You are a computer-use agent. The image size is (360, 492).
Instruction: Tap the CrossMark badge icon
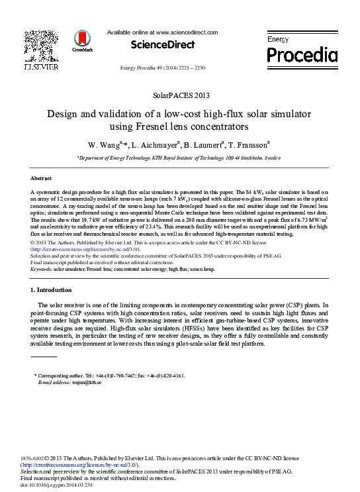point(83,40)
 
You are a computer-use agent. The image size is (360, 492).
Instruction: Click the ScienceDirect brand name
point(163,45)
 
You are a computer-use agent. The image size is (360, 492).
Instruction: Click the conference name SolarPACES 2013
point(179,95)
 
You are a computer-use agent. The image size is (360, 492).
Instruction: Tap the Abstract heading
point(42,178)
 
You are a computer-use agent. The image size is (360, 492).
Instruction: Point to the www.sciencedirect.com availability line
point(162,32)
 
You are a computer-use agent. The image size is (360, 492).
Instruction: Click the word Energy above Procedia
point(279,40)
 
